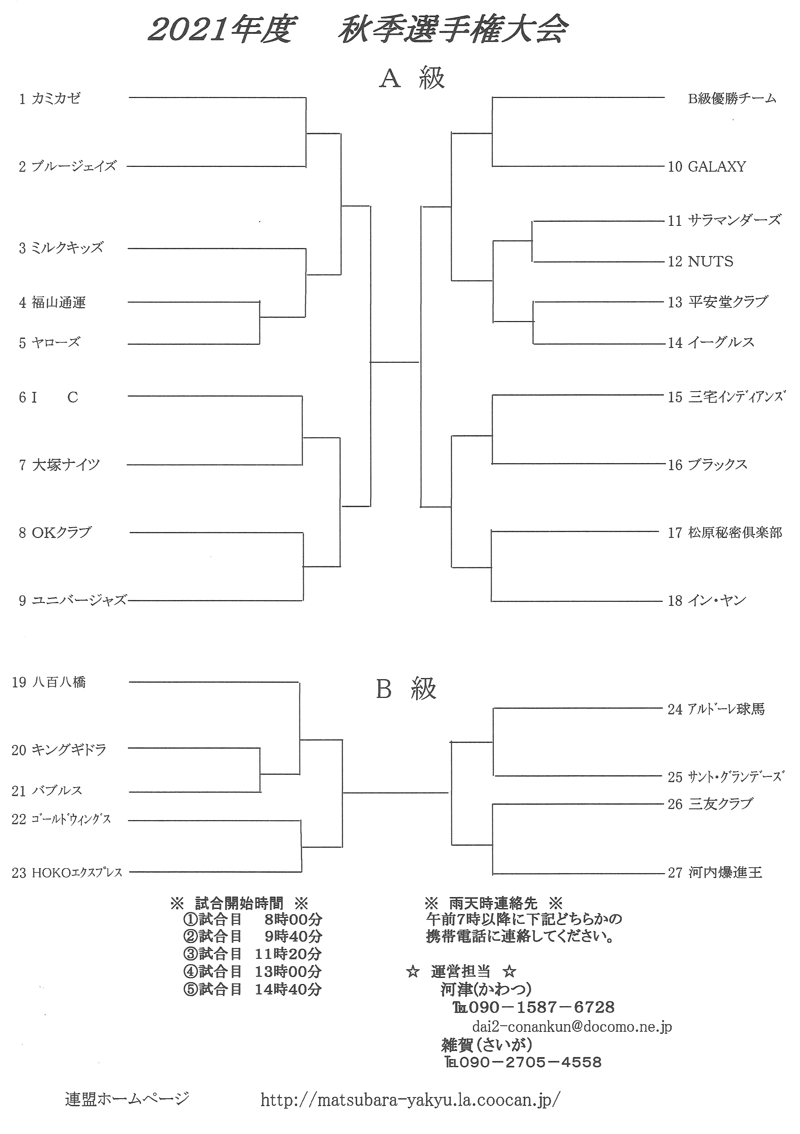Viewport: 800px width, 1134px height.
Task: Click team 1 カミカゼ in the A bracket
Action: [49, 99]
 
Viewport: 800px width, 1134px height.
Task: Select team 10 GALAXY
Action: [707, 167]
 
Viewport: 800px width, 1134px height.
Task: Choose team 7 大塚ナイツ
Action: [59, 465]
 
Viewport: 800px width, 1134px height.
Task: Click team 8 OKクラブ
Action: [55, 533]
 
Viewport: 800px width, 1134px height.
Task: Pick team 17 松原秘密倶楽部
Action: [725, 533]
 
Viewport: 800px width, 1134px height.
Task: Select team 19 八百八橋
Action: [48, 682]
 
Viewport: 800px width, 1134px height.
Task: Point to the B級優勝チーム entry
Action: [732, 99]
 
